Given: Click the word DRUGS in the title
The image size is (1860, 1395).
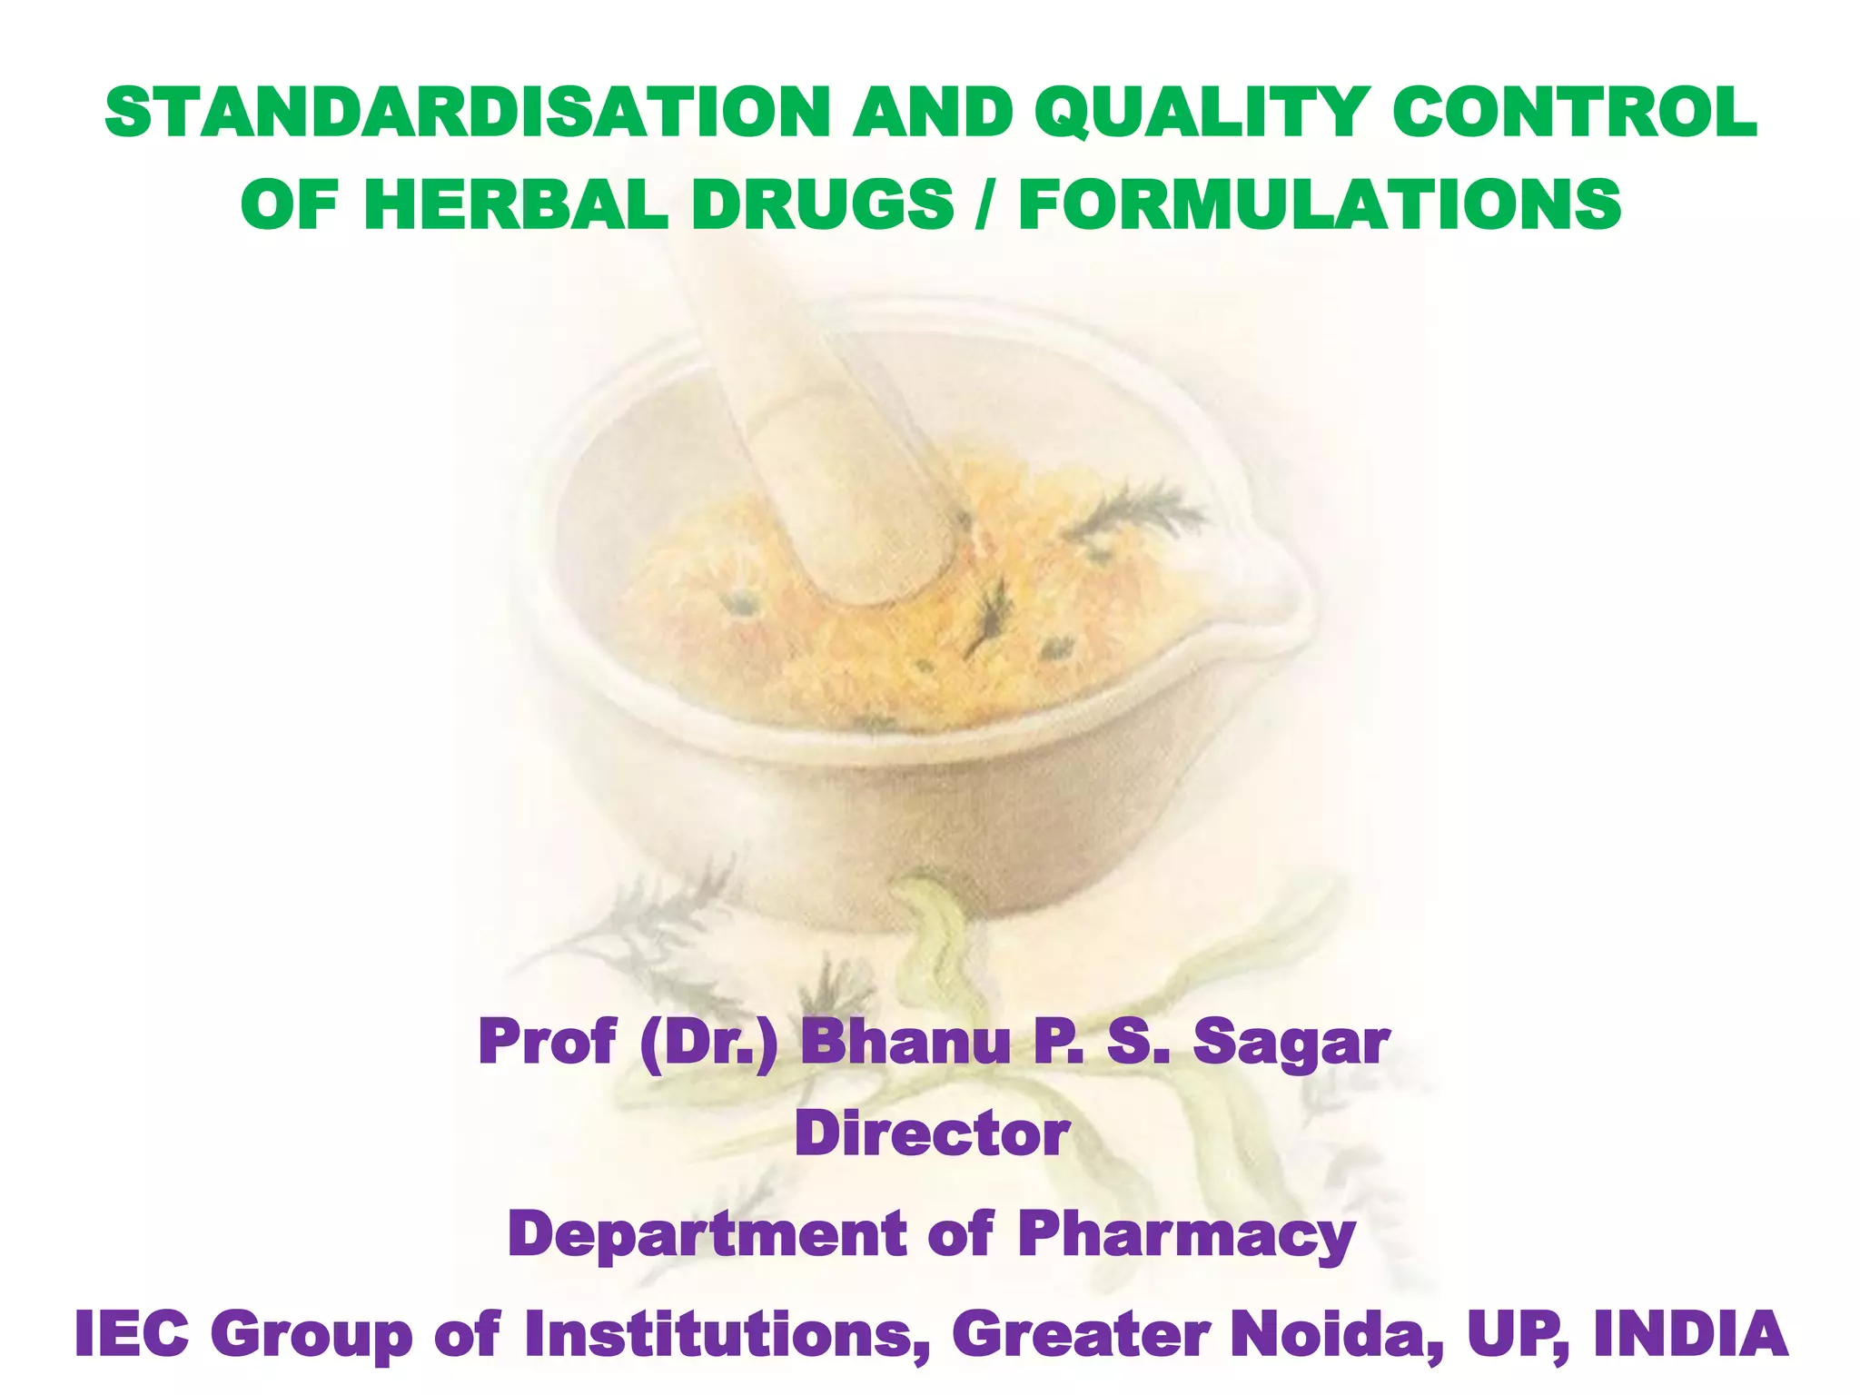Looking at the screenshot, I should click(x=822, y=204).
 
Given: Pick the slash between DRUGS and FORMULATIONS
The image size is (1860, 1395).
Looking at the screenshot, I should click(x=985, y=204).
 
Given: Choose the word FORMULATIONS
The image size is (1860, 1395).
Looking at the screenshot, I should click(x=1320, y=204).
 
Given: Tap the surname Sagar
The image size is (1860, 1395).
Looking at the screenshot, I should click(x=1291, y=1044).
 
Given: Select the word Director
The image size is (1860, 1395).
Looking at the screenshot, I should click(x=932, y=1134).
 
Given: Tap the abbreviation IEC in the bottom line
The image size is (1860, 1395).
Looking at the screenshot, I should click(x=132, y=1334).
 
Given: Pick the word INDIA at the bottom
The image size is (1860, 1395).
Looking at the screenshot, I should click(x=1690, y=1334).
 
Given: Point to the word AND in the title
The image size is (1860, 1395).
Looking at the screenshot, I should click(x=932, y=114).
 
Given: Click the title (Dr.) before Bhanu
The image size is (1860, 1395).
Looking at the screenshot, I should click(x=708, y=1042).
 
